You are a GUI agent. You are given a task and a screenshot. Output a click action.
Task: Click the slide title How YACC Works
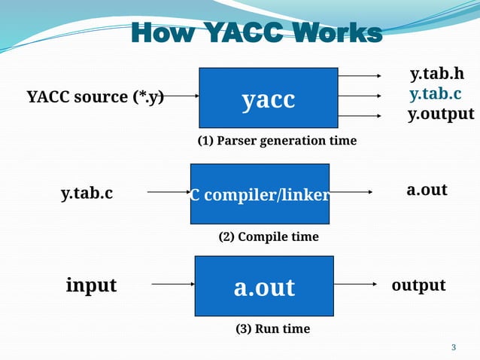[x=257, y=33]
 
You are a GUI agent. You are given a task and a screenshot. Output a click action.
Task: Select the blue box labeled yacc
[x=268, y=98]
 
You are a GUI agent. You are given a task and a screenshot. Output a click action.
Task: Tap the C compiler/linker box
[x=260, y=194]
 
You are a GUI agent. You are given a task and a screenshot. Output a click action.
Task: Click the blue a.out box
[x=264, y=286]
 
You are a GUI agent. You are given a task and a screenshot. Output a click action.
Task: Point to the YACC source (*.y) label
[x=96, y=96]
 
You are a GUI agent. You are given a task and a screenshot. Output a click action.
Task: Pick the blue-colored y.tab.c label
[x=435, y=95]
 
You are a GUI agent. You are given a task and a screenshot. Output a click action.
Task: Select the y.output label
[x=441, y=114]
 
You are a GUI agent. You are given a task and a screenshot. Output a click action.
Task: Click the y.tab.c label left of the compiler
[x=87, y=194]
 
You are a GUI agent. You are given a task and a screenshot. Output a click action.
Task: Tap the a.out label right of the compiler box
[x=427, y=190]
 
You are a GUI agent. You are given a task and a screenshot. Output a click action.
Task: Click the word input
[x=91, y=285]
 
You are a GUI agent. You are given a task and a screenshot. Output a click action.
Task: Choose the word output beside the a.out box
[x=418, y=285]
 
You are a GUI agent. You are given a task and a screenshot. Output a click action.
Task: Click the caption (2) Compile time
[x=269, y=236]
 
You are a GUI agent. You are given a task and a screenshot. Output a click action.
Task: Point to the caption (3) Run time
[x=272, y=329]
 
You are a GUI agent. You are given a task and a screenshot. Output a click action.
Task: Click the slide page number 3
[x=453, y=347]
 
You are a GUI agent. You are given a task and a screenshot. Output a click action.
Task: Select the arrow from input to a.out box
[x=174, y=285]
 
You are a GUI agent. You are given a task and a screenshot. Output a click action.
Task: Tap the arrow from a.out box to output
[x=355, y=285]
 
